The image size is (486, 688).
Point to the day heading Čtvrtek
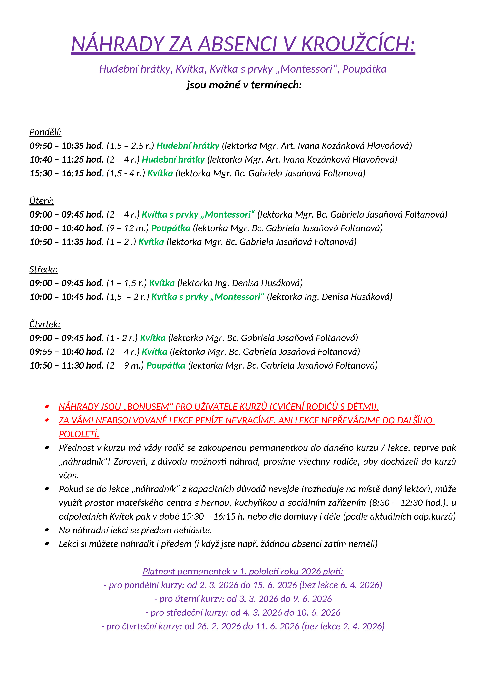[x=45, y=324]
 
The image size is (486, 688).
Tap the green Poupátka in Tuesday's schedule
[x=171, y=228]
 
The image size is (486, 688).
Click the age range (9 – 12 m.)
[x=128, y=228]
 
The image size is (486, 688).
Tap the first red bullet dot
[x=47, y=407]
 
